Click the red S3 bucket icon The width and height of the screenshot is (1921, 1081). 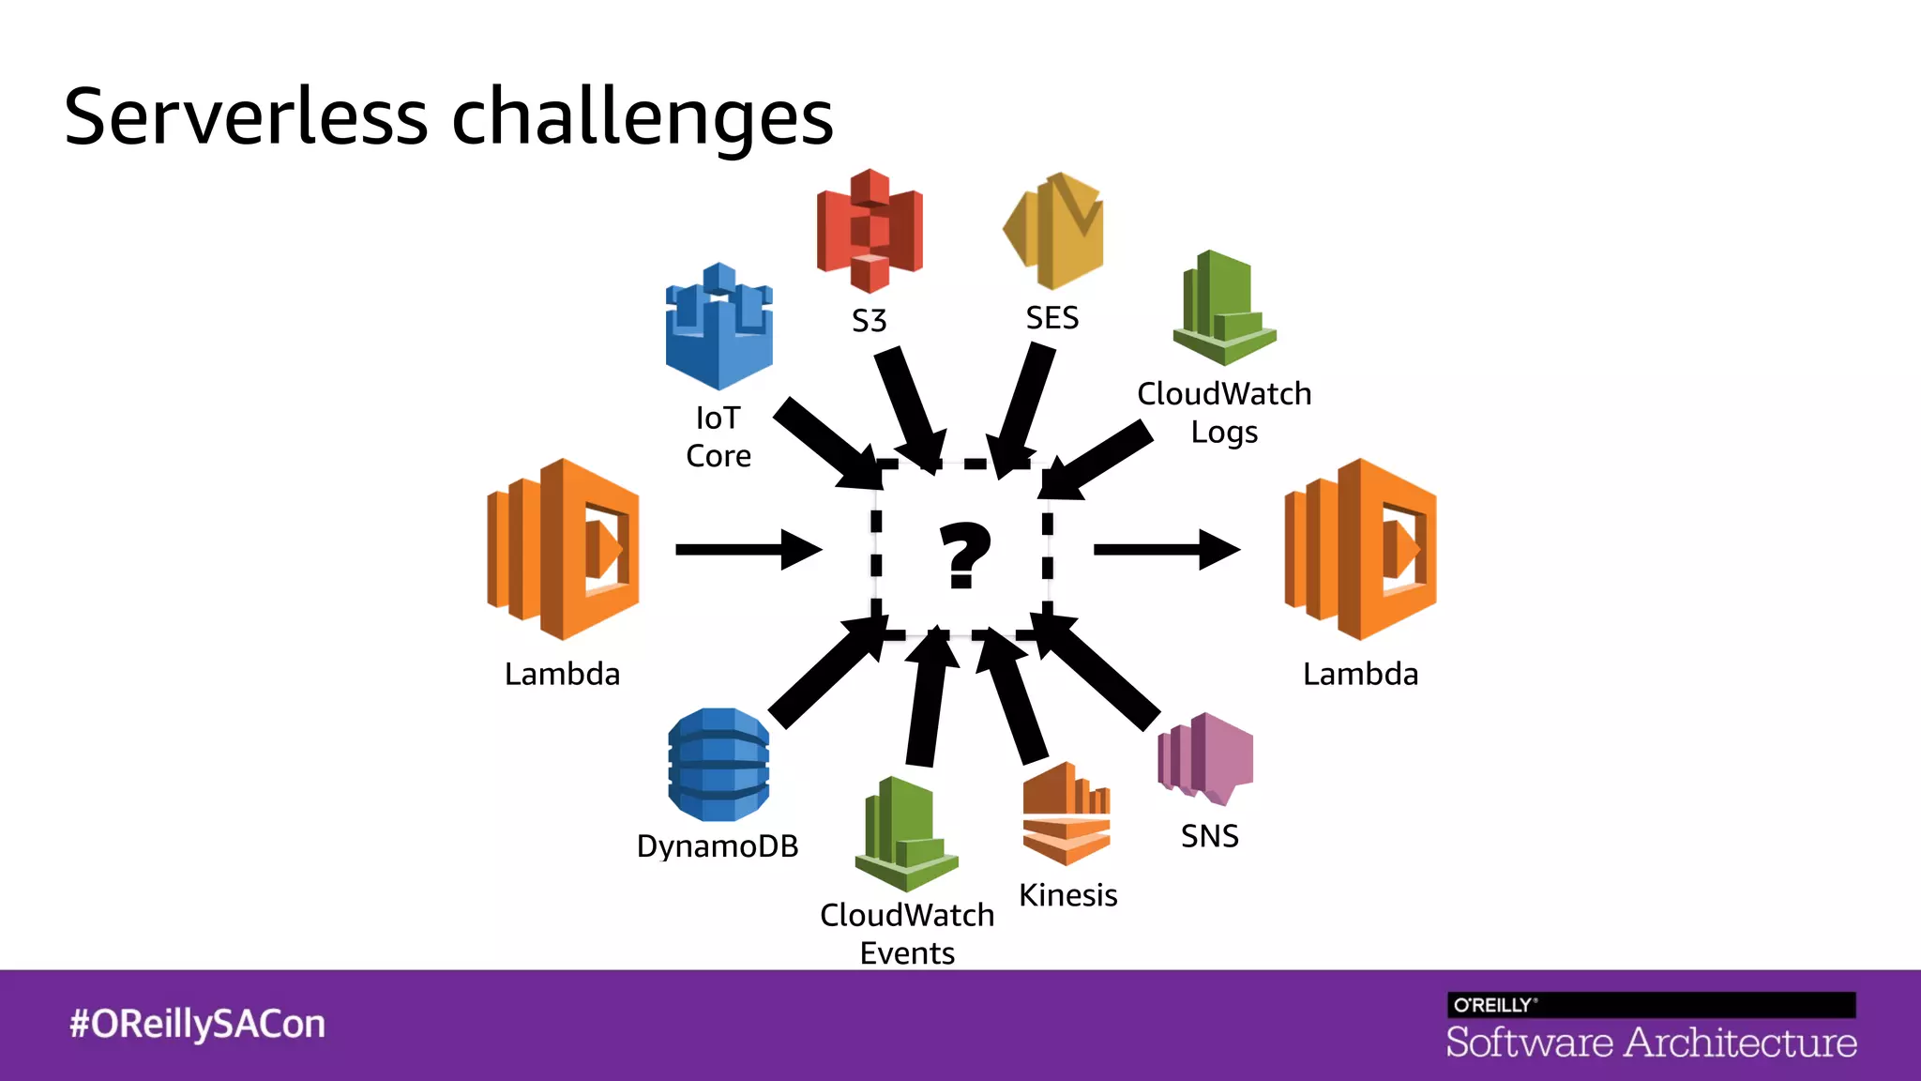870,231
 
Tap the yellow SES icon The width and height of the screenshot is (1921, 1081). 1054,231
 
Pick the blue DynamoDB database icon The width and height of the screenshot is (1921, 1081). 718,765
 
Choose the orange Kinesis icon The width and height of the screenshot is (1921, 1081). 1066,814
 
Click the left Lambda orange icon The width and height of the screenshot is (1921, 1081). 563,550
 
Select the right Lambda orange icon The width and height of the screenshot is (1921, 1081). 1360,550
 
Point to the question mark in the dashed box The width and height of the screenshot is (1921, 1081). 964,556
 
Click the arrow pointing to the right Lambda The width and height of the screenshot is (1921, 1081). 1166,550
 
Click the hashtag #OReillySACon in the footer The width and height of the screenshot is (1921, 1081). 197,1024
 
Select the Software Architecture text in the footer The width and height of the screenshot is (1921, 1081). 1651,1043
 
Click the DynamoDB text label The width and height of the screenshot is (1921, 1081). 718,846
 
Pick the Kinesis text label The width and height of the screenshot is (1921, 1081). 1068,895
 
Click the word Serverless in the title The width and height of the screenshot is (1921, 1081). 246,117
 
